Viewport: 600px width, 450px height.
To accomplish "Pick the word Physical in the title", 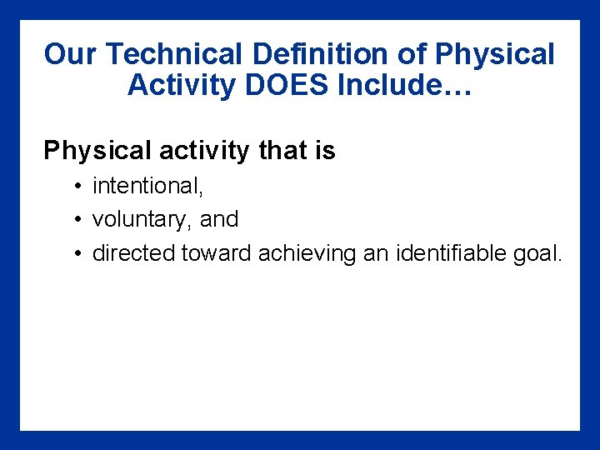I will click(x=494, y=55).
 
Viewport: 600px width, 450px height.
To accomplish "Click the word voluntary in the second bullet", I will click(x=142, y=219).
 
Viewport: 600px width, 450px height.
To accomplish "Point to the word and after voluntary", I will click(x=219, y=219).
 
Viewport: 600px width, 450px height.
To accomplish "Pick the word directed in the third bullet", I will click(x=133, y=253).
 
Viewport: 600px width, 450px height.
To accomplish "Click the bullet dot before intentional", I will click(x=76, y=186).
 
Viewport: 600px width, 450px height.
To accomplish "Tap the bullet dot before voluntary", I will click(x=76, y=219).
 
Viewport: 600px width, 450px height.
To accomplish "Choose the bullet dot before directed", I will click(x=76, y=253).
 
